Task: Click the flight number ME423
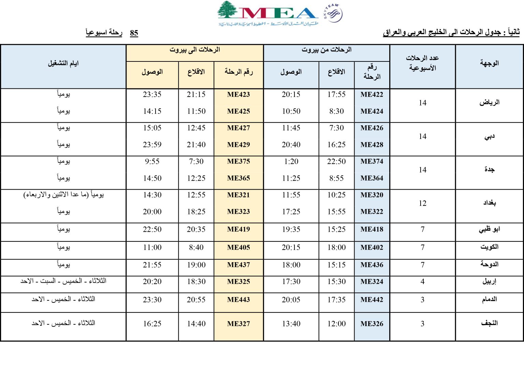pyautogui.click(x=238, y=95)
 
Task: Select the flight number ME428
pyautogui.click(x=372, y=145)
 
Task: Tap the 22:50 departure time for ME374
pyautogui.click(x=336, y=161)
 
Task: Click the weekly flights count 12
pyautogui.click(x=422, y=203)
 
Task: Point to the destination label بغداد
pyautogui.click(x=489, y=203)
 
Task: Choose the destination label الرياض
pyautogui.click(x=489, y=102)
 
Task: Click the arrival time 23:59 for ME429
pyautogui.click(x=152, y=145)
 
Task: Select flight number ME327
pyautogui.click(x=238, y=324)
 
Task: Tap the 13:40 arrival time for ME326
pyautogui.click(x=291, y=324)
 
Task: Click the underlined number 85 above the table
pyautogui.click(x=134, y=33)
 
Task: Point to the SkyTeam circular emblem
pyautogui.click(x=333, y=14)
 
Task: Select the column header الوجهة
pyautogui.click(x=489, y=63)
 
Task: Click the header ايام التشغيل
pyautogui.click(x=63, y=64)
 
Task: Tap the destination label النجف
pyautogui.click(x=489, y=323)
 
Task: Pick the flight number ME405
pyautogui.click(x=238, y=248)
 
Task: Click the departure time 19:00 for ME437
pyautogui.click(x=196, y=265)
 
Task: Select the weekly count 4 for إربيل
pyautogui.click(x=422, y=282)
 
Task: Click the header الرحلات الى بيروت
pyautogui.click(x=195, y=50)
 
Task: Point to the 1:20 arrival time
pyautogui.click(x=291, y=161)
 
